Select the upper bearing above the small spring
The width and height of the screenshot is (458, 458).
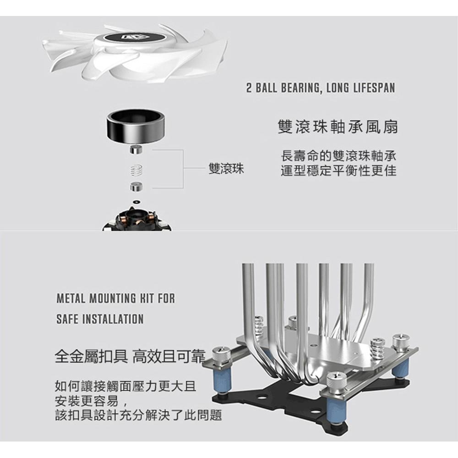pyautogui.click(x=136, y=149)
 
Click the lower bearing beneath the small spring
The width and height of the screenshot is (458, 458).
pyautogui.click(x=136, y=186)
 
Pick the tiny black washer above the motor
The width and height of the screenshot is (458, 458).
pyautogui.click(x=136, y=202)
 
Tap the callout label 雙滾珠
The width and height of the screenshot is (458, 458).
pyautogui.click(x=226, y=169)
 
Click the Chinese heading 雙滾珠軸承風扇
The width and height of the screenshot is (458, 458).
pyautogui.click(x=338, y=127)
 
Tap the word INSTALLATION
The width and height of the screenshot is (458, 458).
pyautogui.click(x=112, y=319)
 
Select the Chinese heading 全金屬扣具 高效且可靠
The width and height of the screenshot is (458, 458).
pyautogui.click(x=130, y=355)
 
